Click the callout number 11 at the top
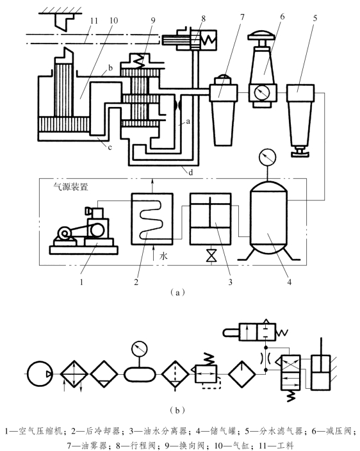[94, 21]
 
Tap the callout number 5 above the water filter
[315, 18]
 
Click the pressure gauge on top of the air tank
[267, 157]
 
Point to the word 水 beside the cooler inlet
[163, 256]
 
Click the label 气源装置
[70, 187]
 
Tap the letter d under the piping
[191, 172]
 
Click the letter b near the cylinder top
[110, 68]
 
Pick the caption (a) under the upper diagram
[177, 293]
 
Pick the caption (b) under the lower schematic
[177, 410]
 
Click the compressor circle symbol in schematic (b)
[40, 374]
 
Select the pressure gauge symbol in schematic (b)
[140, 348]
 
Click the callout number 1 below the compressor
[81, 282]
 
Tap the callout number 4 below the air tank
[290, 282]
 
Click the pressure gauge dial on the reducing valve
[263, 93]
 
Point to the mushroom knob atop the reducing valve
[263, 37]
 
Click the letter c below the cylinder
[110, 147]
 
